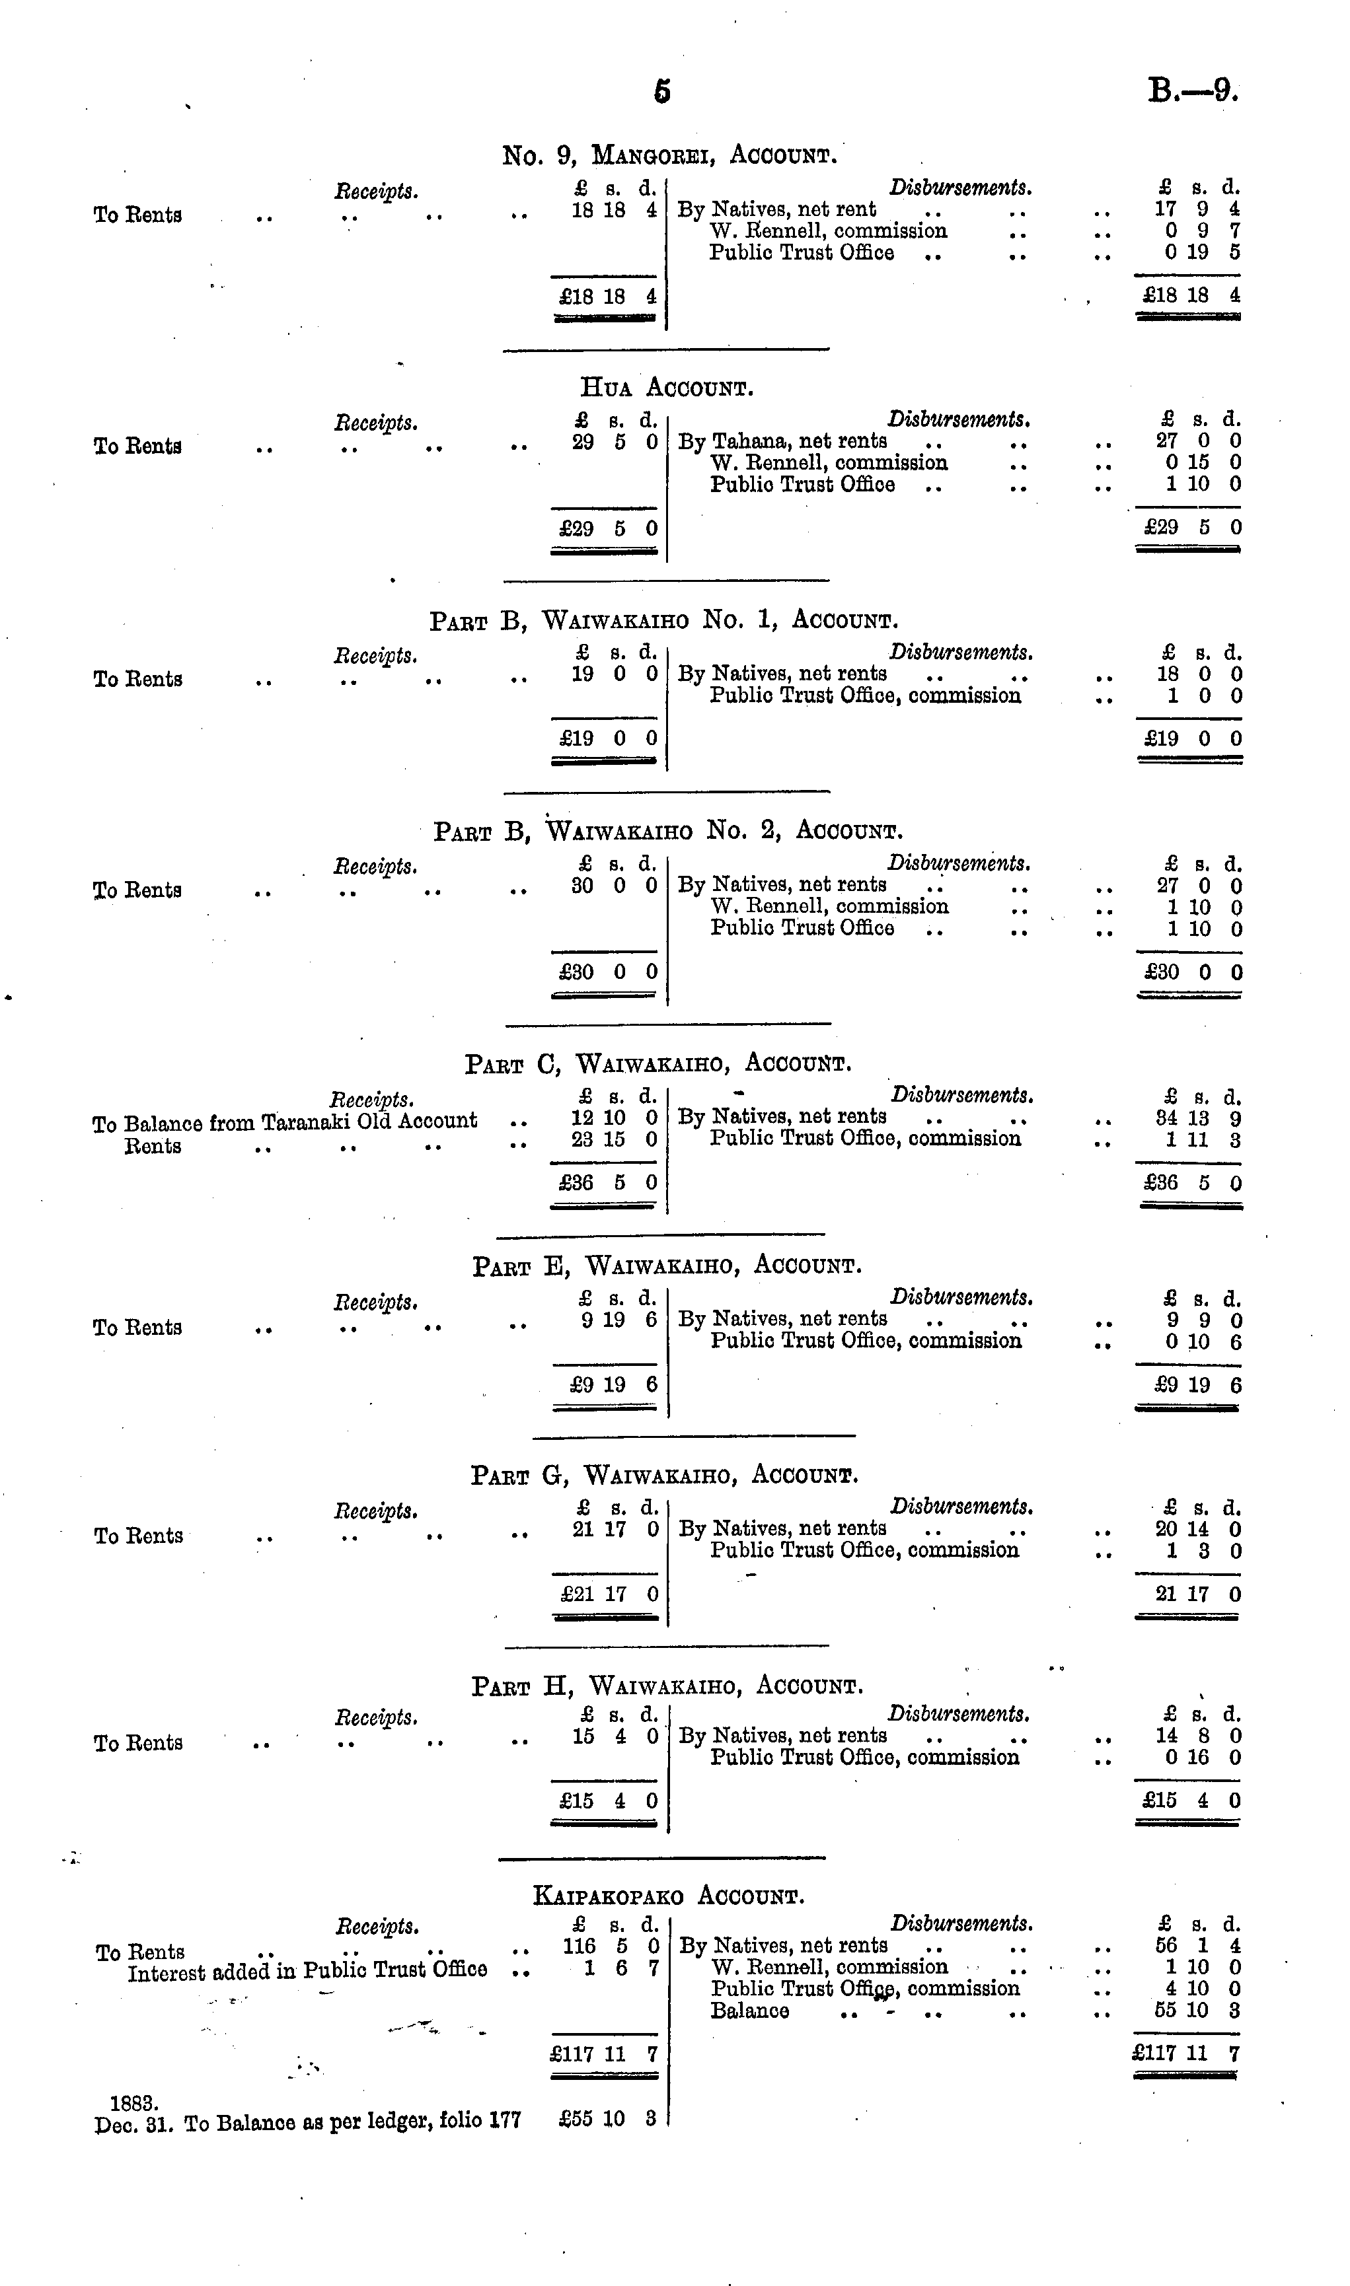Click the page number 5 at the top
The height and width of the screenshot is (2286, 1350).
tap(662, 91)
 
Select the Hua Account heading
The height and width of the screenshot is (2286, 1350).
tap(667, 388)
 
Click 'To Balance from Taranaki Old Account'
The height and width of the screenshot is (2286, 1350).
tap(285, 1121)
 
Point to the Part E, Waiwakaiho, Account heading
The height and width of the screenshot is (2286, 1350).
tap(667, 1266)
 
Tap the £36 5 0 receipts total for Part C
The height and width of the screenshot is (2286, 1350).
tap(604, 1183)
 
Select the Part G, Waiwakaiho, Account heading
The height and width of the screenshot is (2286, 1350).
tap(664, 1475)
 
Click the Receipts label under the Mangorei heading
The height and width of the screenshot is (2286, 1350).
tap(376, 192)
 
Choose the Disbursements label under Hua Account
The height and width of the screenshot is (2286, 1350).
tap(959, 420)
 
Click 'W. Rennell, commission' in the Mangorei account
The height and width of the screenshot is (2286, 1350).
tap(828, 231)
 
